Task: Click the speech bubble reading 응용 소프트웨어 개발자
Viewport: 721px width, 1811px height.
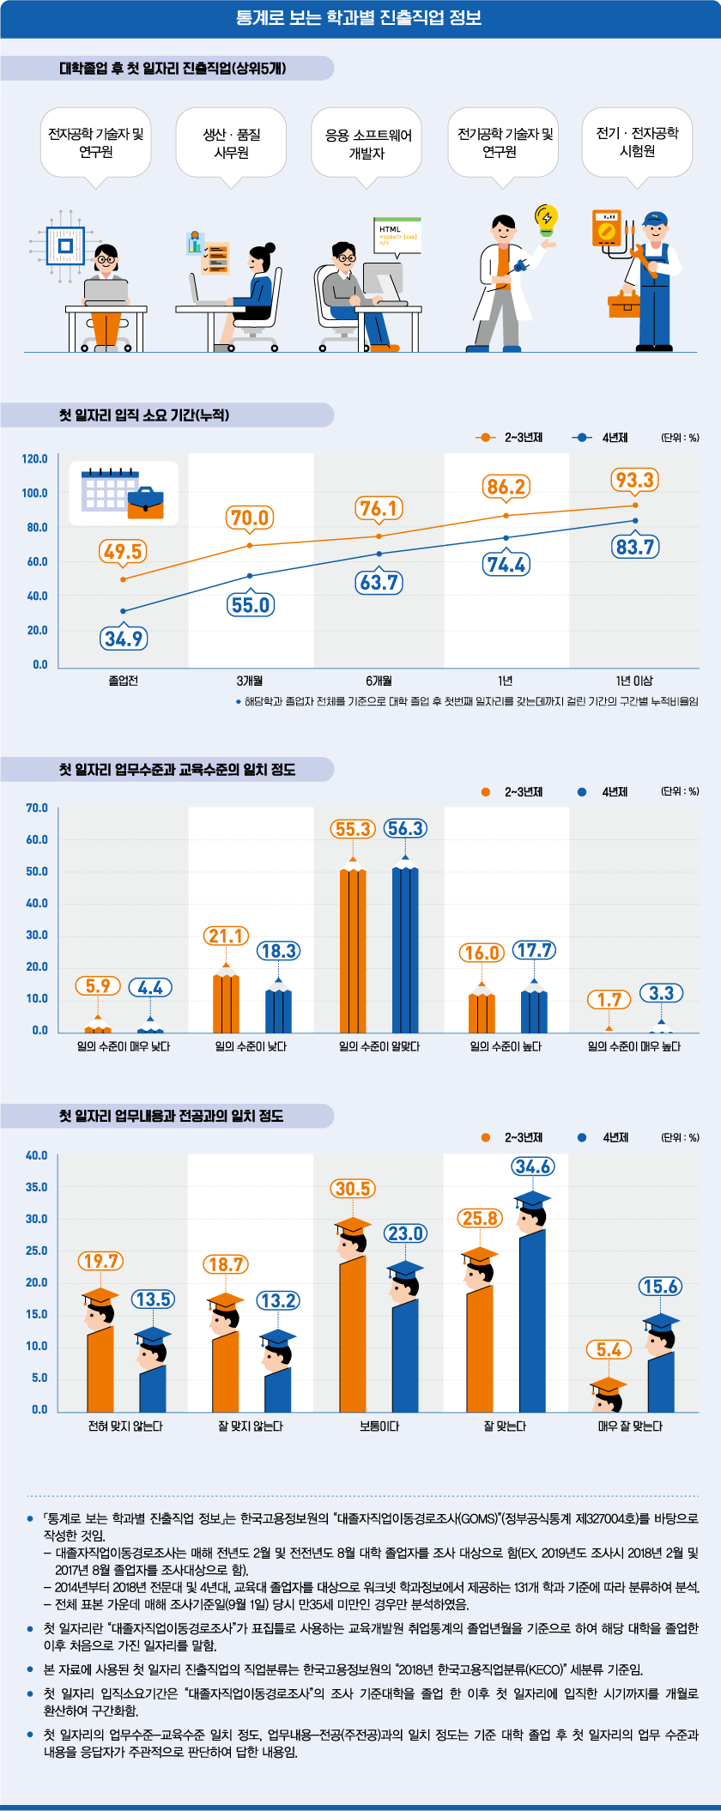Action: coord(367,143)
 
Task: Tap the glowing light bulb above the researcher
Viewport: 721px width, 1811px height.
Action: coord(546,220)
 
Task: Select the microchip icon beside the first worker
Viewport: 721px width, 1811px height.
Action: coord(64,245)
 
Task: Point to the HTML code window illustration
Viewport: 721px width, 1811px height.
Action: coord(397,233)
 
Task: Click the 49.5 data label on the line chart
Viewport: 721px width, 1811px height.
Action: coord(123,552)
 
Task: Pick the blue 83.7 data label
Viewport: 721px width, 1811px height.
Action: coord(635,547)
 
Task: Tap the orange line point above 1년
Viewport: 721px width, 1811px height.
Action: coord(506,515)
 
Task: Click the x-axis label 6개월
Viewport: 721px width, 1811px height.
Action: coord(379,681)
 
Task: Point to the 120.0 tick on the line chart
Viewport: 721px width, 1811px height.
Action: coord(35,459)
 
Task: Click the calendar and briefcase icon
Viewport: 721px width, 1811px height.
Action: coord(124,493)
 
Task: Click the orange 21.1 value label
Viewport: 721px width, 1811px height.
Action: coord(227,936)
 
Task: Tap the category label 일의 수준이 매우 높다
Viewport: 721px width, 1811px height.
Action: coord(633,1047)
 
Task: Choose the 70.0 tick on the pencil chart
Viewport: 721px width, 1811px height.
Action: coord(37,809)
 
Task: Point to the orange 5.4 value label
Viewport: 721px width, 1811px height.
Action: coord(609,1350)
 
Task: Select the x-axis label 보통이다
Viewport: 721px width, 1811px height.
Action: coord(379,1426)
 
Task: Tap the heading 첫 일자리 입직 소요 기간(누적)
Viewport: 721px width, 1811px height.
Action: coord(144,415)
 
